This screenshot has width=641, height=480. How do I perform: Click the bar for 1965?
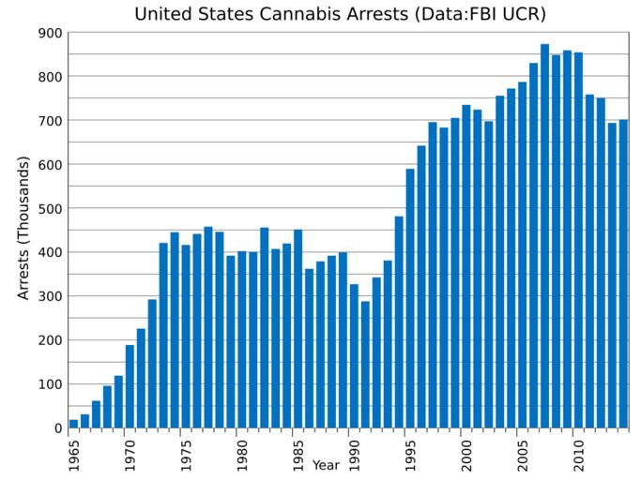(x=74, y=424)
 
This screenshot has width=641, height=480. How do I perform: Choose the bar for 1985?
(x=298, y=328)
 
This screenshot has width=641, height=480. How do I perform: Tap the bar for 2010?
(x=578, y=240)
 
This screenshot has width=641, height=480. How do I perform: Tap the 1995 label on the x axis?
(x=411, y=452)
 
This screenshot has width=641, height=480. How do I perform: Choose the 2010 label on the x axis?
(x=579, y=452)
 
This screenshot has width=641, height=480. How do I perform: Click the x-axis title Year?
(x=326, y=465)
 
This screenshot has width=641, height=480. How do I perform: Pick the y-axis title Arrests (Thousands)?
(x=24, y=228)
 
